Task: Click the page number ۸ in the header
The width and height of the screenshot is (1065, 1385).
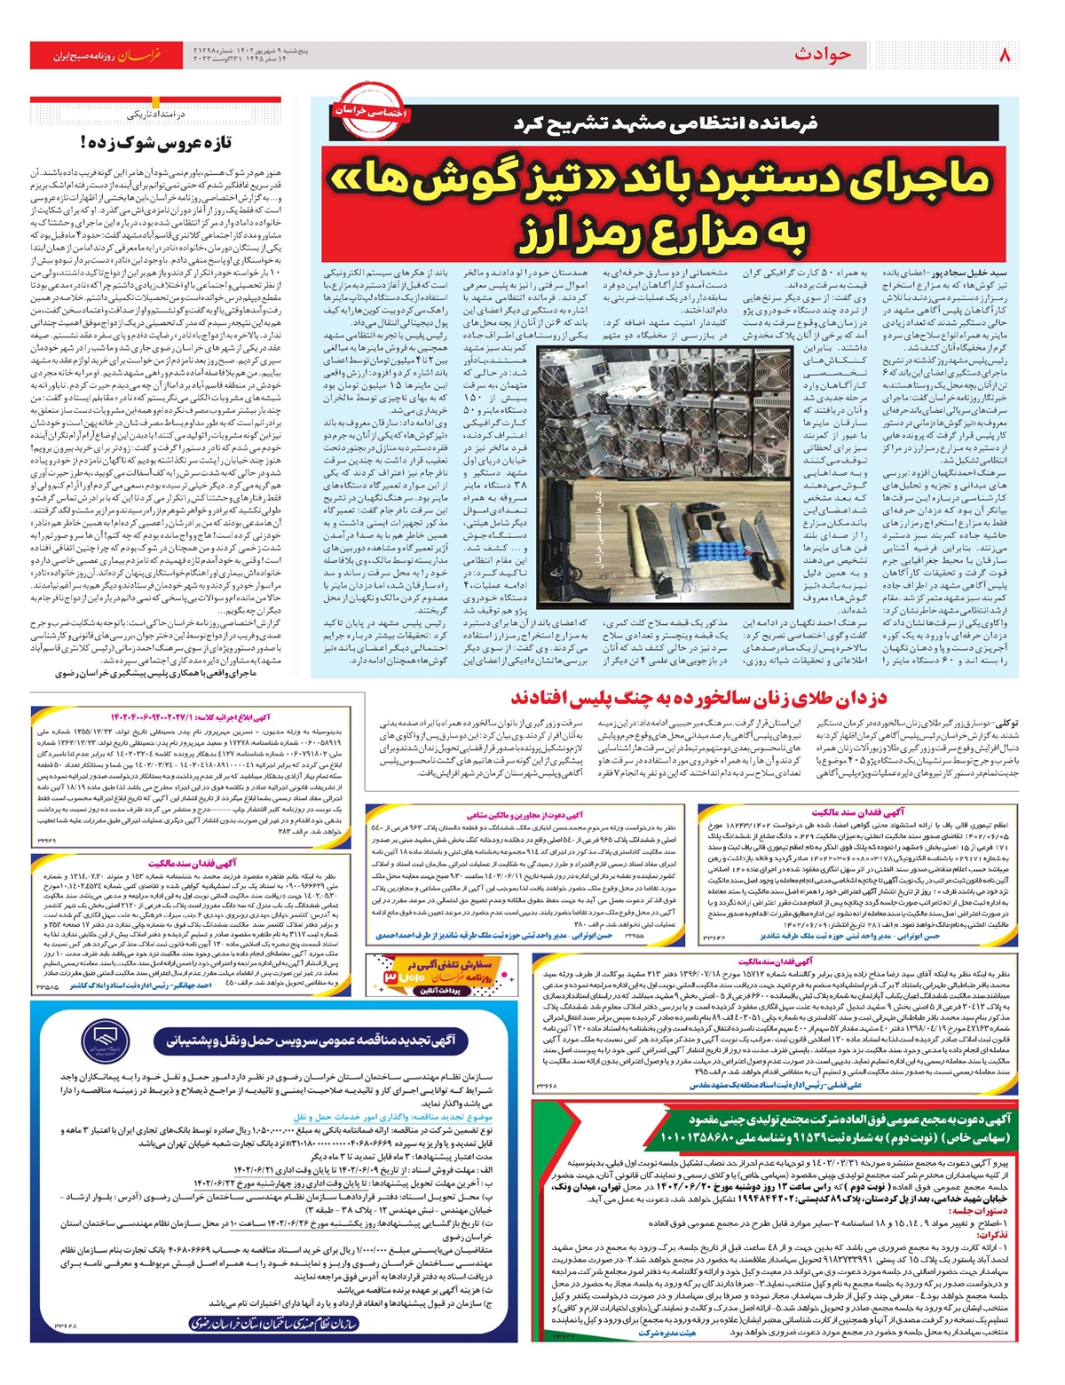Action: pos(1005,54)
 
